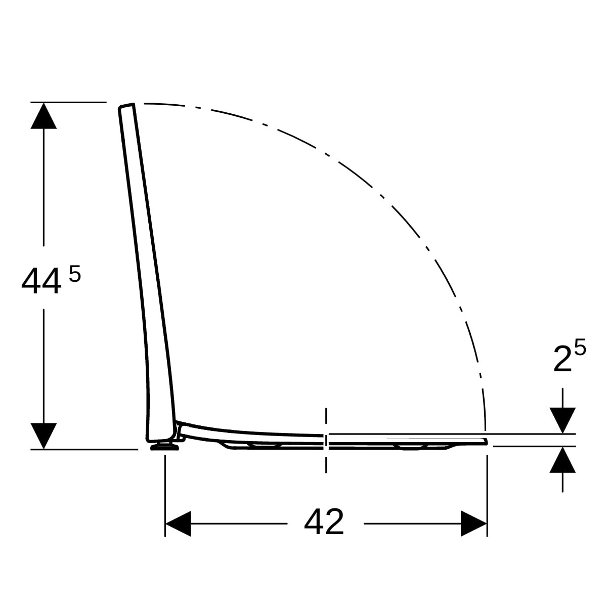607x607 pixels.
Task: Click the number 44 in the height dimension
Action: tap(41, 282)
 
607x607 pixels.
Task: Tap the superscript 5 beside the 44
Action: tap(75, 274)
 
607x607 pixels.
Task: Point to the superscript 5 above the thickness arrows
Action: tap(580, 347)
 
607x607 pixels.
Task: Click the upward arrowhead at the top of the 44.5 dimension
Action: tap(44, 116)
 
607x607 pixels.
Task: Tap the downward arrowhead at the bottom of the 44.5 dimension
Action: tap(44, 436)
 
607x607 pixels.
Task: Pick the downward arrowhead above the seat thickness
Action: tap(562, 420)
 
